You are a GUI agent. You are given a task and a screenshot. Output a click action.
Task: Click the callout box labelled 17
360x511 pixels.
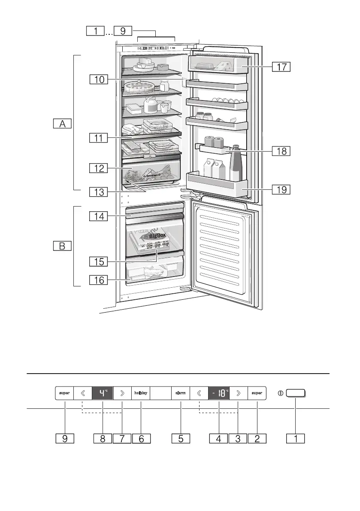281,67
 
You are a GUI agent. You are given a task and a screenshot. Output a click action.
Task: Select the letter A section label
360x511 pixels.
63,124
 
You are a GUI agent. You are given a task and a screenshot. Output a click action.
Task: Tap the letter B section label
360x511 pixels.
63,246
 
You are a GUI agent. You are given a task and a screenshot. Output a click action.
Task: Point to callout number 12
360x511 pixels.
99,168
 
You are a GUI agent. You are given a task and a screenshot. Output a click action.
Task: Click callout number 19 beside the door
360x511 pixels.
281,189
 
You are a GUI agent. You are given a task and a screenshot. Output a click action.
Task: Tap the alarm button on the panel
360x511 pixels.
181,393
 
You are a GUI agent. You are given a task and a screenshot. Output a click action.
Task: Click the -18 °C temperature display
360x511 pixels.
219,393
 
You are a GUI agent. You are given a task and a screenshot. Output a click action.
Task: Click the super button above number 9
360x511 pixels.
64,393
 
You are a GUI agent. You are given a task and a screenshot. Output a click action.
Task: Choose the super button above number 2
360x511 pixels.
257,393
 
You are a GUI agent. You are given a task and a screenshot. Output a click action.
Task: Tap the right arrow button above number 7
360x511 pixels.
122,393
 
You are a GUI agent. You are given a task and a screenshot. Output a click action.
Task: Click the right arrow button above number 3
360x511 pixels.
238,393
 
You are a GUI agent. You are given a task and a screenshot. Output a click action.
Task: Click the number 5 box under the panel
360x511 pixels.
181,438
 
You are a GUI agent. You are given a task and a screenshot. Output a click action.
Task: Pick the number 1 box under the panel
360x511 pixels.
296,438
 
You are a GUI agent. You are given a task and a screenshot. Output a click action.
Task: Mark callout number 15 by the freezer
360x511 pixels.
99,261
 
